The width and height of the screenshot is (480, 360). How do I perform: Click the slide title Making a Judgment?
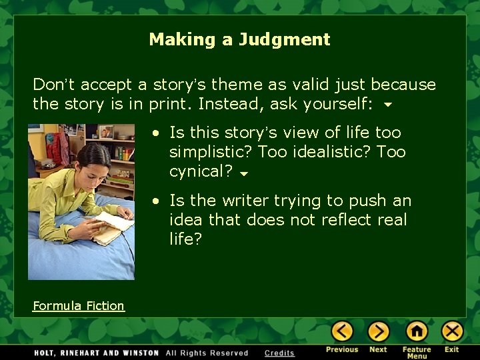(239, 39)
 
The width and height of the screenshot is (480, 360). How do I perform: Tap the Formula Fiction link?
(79, 306)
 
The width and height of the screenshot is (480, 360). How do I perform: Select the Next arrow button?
(378, 331)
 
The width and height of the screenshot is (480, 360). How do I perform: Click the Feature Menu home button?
(417, 331)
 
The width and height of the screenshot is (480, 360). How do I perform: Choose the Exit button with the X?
(452, 331)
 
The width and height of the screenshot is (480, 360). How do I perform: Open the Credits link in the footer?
(279, 353)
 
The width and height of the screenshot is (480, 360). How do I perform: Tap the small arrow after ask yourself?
(387, 105)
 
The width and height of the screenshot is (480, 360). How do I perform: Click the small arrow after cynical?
(243, 173)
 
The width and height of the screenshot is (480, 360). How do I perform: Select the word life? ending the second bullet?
(185, 239)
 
